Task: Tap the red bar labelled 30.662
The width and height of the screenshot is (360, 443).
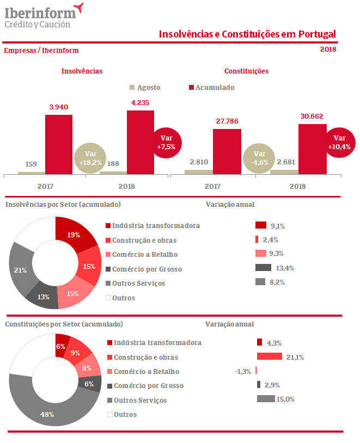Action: [x=313, y=149]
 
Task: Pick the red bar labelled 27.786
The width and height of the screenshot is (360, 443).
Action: [x=227, y=151]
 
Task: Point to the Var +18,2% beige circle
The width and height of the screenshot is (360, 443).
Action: [x=90, y=158]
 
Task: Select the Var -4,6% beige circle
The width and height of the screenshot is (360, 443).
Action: [x=259, y=158]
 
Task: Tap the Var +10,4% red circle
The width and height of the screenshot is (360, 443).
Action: [x=340, y=143]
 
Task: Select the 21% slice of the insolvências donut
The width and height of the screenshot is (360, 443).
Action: [x=21, y=270]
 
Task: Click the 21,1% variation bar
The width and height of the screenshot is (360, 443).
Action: [x=269, y=356]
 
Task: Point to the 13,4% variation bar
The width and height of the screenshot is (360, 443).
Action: [x=263, y=267]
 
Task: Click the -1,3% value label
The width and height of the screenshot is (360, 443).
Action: [x=243, y=371]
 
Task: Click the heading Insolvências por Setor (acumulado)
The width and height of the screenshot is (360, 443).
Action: [x=63, y=204]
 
